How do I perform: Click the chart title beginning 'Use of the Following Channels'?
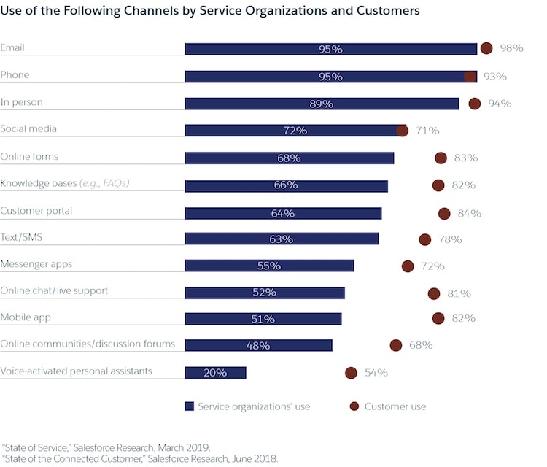point(210,11)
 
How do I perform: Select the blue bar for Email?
point(330,49)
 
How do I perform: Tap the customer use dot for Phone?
point(470,76)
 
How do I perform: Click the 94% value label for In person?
point(500,104)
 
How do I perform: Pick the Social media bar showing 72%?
point(295,131)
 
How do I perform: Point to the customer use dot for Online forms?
point(441,158)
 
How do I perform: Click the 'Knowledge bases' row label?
point(69,183)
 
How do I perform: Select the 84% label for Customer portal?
point(470,213)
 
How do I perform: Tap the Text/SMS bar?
point(282,239)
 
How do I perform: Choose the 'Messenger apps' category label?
point(36,263)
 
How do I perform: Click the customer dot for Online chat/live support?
point(434,293)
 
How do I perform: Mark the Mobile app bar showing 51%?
point(263,319)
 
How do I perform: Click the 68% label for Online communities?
point(421,345)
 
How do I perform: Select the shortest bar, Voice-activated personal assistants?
point(215,372)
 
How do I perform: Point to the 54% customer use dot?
point(351,373)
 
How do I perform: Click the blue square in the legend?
point(189,406)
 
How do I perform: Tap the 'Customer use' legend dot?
point(355,406)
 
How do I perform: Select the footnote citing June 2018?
point(140,459)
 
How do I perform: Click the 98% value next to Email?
point(512,48)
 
